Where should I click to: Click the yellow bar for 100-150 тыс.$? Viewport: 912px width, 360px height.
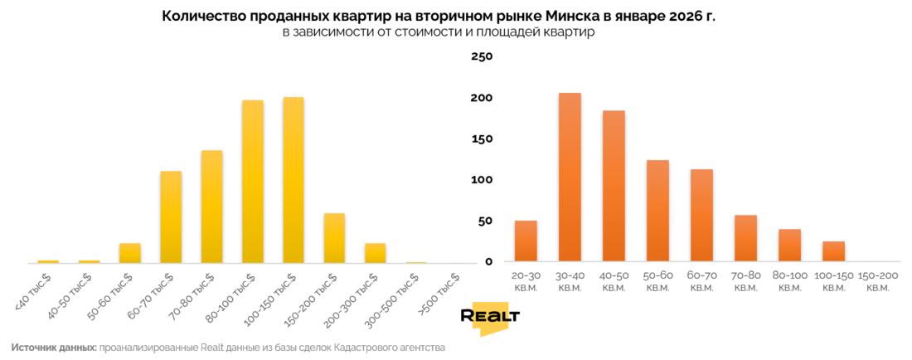coord(293,180)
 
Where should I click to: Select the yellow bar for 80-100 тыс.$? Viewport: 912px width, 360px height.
coord(253,182)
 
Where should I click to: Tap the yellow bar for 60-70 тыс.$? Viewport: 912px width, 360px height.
coord(171,216)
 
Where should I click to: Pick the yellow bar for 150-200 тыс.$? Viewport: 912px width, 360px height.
coord(334,238)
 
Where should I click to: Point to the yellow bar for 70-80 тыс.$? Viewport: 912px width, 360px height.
coord(211,207)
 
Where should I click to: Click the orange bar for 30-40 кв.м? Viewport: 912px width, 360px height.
coord(570,178)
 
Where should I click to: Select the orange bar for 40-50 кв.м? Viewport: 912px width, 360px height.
coord(614,187)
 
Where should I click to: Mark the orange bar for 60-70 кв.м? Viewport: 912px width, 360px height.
coord(701,216)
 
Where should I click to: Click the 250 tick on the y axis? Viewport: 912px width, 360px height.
coord(483,56)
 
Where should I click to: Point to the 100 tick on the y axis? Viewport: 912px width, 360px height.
coord(483,180)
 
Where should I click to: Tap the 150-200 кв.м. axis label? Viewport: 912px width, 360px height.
coord(877,280)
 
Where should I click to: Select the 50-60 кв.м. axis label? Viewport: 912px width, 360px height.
coord(657,280)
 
